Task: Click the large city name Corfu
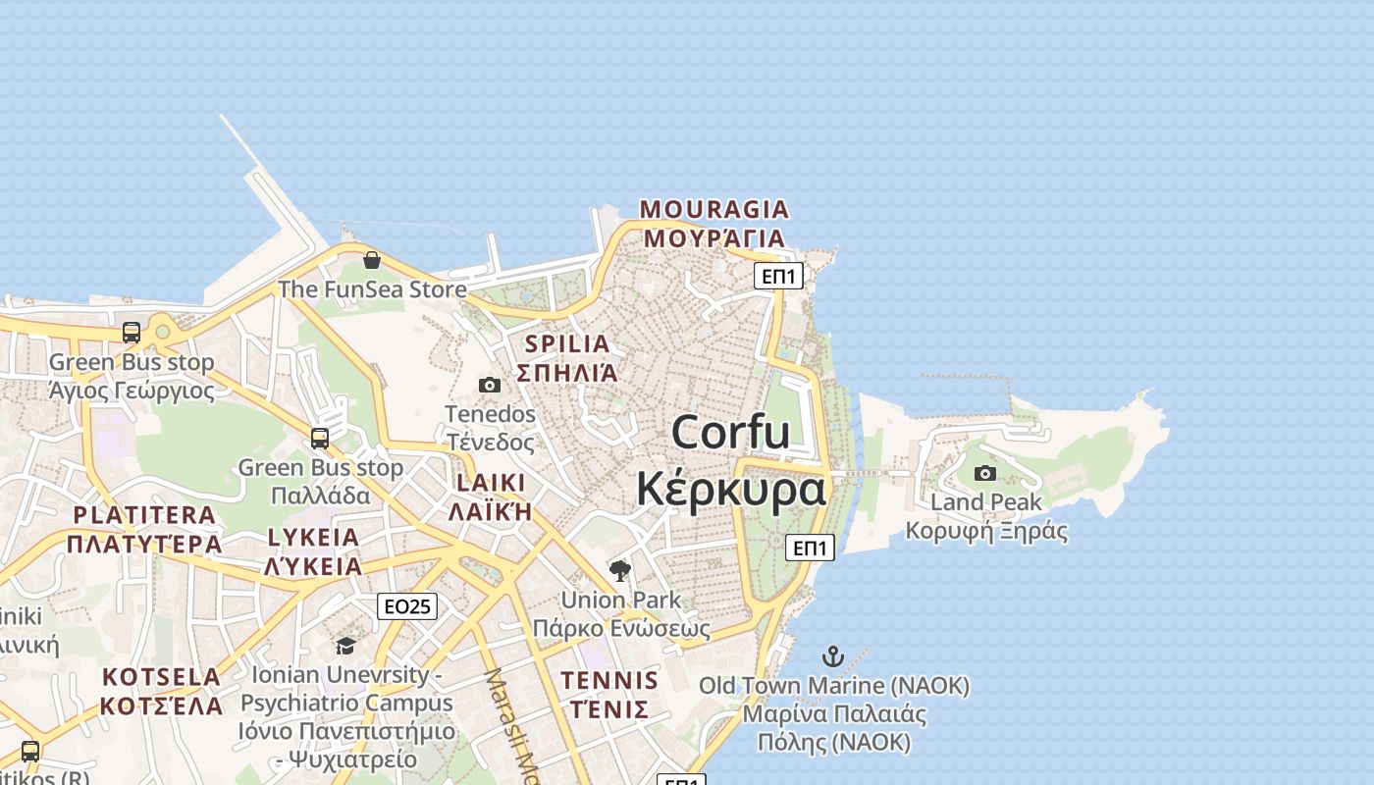click(x=731, y=432)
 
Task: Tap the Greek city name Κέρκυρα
click(x=731, y=488)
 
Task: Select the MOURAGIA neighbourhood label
click(x=714, y=210)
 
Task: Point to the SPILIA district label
click(x=567, y=344)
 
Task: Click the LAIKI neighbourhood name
click(x=491, y=484)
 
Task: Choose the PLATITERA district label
click(x=144, y=515)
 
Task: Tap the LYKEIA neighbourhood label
click(x=313, y=538)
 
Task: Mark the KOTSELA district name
click(x=162, y=677)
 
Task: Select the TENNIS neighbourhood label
click(x=608, y=680)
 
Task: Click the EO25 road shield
click(x=406, y=606)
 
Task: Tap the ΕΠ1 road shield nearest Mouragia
click(x=778, y=276)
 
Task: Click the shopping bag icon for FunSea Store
click(x=372, y=260)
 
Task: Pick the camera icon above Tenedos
click(x=489, y=385)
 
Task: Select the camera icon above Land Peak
click(x=985, y=474)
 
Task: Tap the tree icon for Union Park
click(x=619, y=570)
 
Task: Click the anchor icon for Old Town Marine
click(x=833, y=656)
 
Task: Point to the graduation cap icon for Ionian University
click(x=345, y=646)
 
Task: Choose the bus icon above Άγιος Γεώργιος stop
click(x=132, y=333)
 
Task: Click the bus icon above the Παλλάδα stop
click(x=320, y=438)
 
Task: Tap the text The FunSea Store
click(x=372, y=289)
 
